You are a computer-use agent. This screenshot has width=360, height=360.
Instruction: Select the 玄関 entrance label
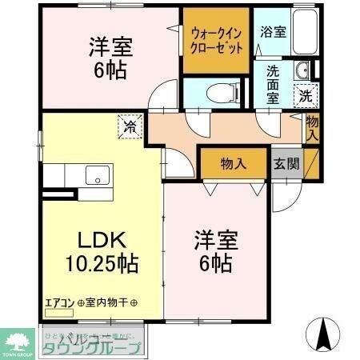pos(286,164)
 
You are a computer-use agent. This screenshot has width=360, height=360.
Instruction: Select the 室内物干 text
pos(112,303)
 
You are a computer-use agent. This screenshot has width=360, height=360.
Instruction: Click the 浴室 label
pos(274,32)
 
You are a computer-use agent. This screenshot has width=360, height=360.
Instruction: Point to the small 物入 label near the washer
pos(312,127)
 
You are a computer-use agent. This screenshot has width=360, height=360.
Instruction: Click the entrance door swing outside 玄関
pos(286,196)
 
